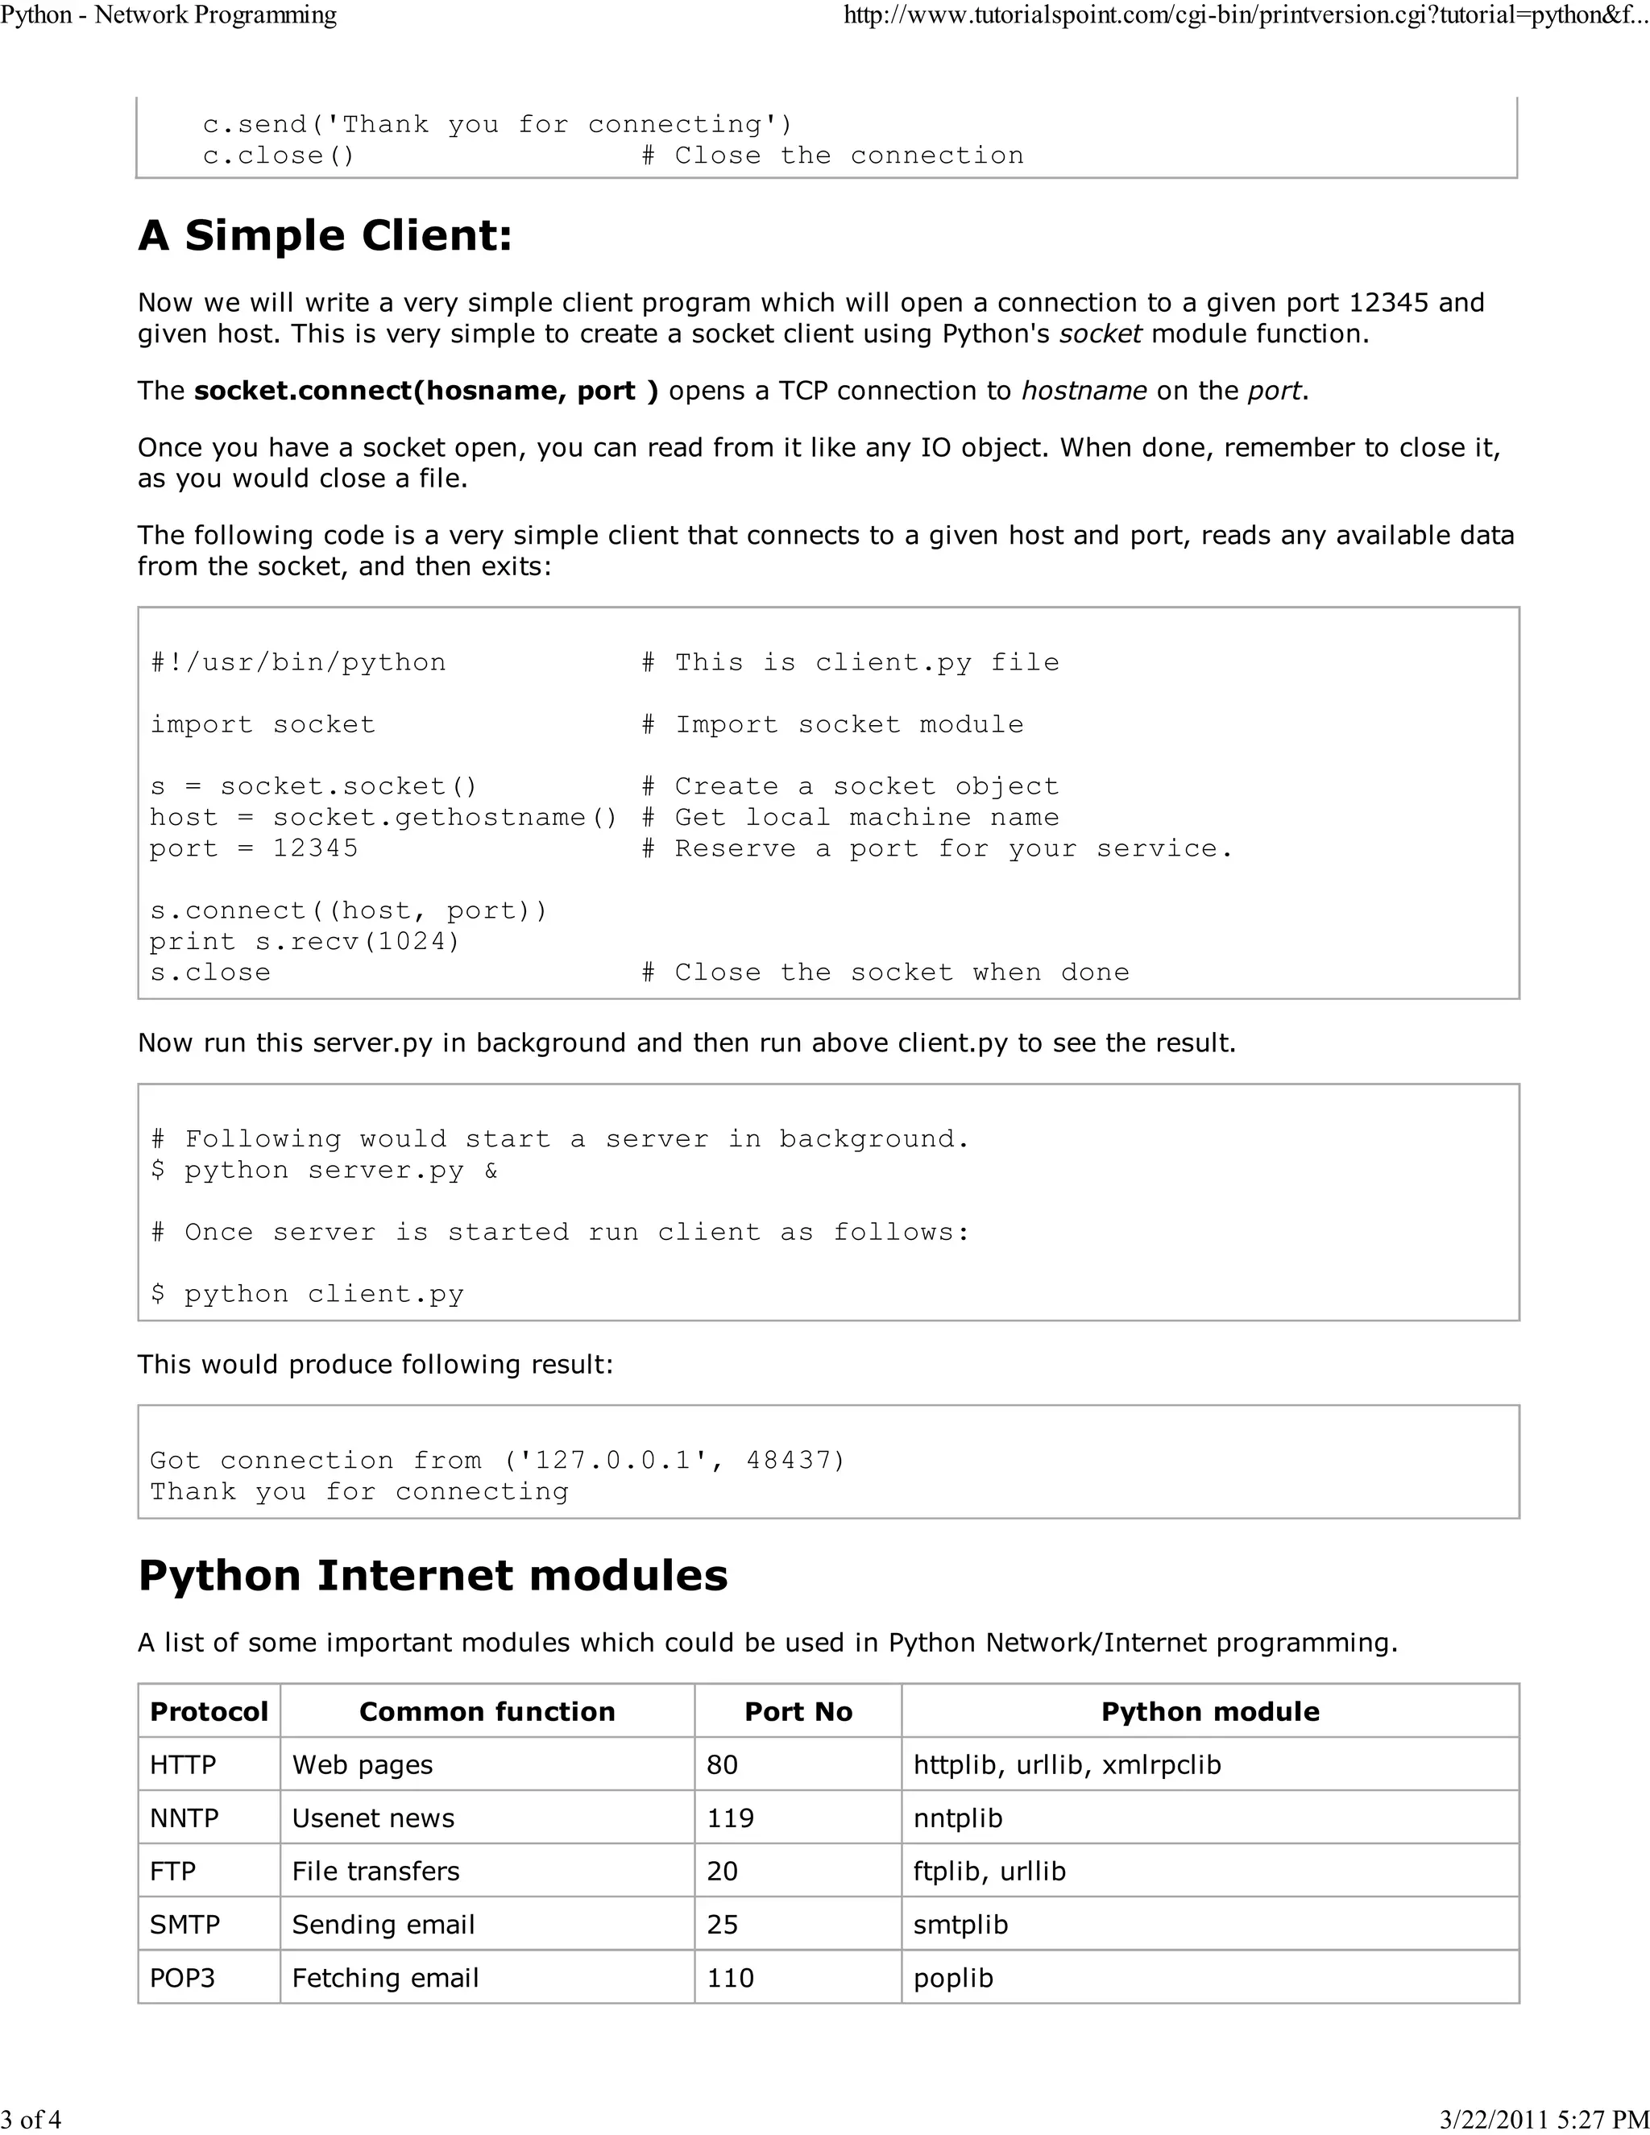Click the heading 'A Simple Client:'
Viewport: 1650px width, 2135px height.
coord(325,235)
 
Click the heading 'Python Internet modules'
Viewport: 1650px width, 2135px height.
coord(432,1575)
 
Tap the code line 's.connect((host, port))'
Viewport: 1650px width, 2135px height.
coord(349,910)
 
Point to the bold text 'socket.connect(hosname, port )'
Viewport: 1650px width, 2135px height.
coord(426,391)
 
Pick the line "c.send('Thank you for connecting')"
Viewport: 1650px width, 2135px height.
coord(498,124)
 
